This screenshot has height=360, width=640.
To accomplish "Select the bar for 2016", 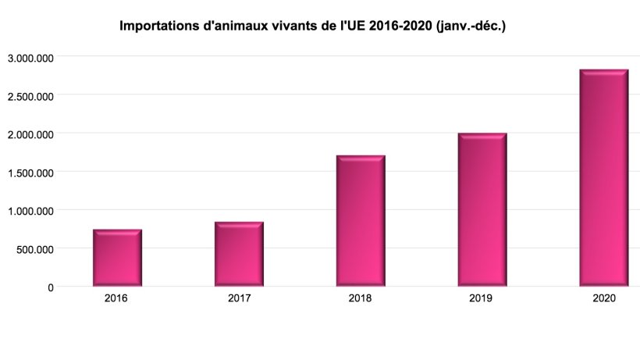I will click(117, 258).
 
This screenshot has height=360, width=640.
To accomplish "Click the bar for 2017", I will click(239, 254).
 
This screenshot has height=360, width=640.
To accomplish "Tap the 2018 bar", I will click(361, 221).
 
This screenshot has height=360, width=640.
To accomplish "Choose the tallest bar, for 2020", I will click(604, 178).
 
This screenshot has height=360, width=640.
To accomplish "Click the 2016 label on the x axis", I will click(117, 298).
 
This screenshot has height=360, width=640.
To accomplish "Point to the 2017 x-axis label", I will click(239, 298).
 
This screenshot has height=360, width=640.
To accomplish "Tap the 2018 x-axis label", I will click(361, 298).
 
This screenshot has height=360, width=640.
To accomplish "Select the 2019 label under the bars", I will click(482, 298).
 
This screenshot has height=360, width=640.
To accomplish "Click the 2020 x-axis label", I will click(604, 298).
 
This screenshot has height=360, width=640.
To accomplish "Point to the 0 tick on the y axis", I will click(51, 287).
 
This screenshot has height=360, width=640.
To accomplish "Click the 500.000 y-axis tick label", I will click(34, 249).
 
